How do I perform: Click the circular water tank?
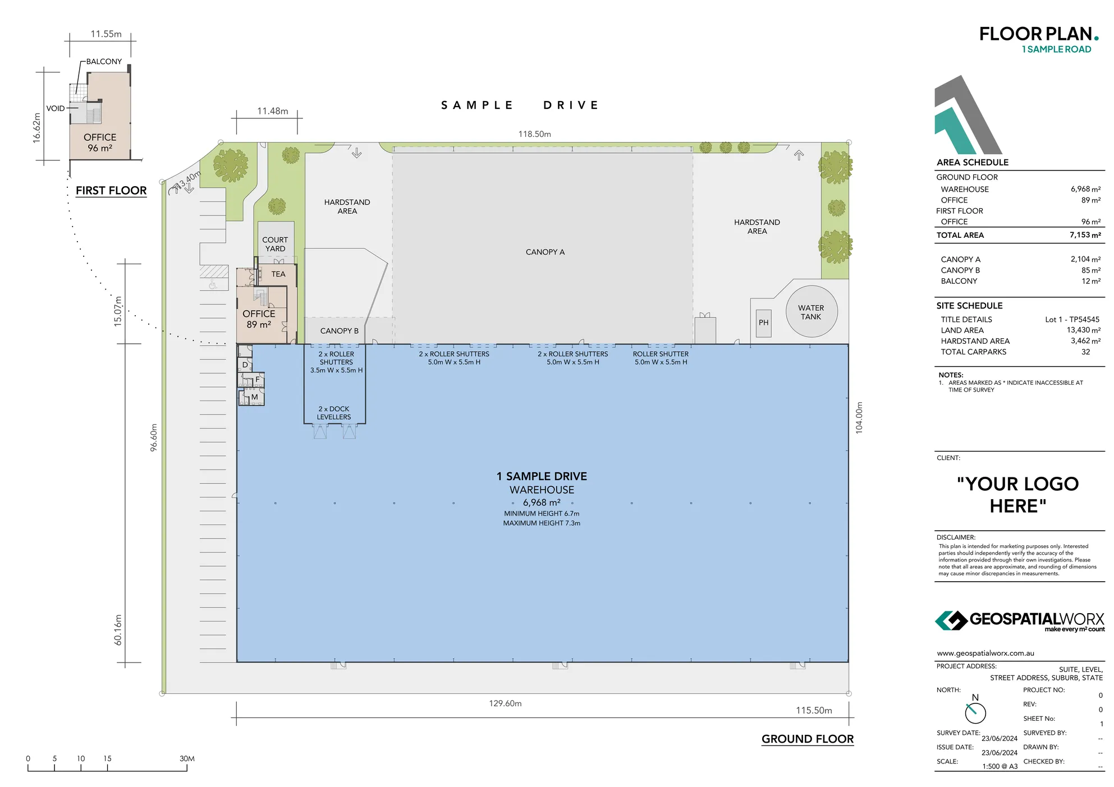point(811,312)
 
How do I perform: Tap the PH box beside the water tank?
point(763,323)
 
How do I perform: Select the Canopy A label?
point(545,252)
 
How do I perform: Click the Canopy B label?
point(339,331)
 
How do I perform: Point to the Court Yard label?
point(275,244)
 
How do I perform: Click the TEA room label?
point(278,274)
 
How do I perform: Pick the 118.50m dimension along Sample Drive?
point(534,134)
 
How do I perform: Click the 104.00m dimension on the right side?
point(859,418)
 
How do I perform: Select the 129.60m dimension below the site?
point(505,703)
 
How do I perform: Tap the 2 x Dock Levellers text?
point(333,413)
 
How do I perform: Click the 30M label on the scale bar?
point(187,758)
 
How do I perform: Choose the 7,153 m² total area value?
point(1085,235)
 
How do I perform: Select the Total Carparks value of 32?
point(1085,352)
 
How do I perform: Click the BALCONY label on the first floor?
point(104,62)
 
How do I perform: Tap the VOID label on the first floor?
point(56,108)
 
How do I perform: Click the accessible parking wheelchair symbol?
point(213,285)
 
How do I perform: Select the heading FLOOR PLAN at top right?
point(1035,34)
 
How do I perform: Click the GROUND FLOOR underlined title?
point(807,739)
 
